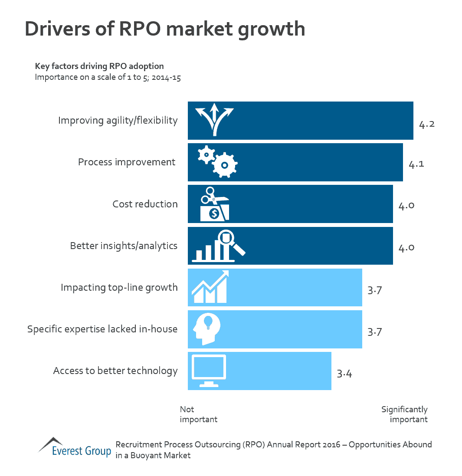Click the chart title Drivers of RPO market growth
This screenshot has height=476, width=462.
coord(165,29)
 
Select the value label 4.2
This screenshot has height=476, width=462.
coord(426,125)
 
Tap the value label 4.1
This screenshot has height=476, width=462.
coord(416,164)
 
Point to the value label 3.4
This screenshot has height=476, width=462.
coord(344,374)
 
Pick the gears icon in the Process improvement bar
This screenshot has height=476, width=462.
coord(217,161)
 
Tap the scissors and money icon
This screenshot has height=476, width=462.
coord(214,204)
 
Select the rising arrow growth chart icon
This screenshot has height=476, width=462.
coord(210,287)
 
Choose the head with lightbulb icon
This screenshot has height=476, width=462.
coord(206,328)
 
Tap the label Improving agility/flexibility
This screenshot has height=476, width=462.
coord(118,120)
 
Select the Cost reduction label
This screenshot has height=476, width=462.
coord(145,204)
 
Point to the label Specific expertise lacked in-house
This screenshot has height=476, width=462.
coord(102,329)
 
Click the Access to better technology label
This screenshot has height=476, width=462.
coord(115,371)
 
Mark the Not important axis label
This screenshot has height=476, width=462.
coord(198,414)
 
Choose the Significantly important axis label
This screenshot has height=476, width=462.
coord(405,414)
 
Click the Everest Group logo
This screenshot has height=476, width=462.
coord(75,447)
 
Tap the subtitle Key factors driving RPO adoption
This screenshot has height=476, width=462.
coord(99,66)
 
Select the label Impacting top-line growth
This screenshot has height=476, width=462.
coord(119,287)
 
